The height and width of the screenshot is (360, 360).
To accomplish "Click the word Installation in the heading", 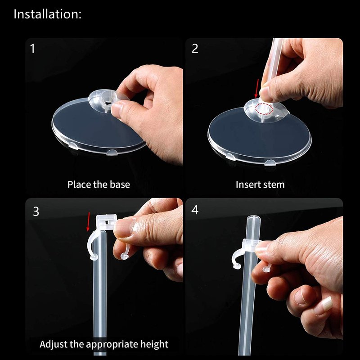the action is pos(46,14).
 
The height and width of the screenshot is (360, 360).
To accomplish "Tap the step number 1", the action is pos(32,49).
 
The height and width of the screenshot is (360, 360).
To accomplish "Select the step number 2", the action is pos(195,49).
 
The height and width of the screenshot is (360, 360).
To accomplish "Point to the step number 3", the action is pos(36,211).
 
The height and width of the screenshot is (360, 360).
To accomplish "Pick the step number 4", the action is pos(195,210).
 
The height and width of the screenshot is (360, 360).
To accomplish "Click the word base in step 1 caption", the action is pos(120,184).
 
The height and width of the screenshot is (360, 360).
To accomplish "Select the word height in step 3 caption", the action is pos(154,344).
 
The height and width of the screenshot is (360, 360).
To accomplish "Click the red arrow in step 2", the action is pos(257,88).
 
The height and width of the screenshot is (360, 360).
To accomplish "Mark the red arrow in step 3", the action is pos(88,222).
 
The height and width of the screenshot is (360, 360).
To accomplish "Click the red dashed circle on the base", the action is pos(264,108).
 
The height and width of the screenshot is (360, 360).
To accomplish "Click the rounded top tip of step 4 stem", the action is pos(253,217).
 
